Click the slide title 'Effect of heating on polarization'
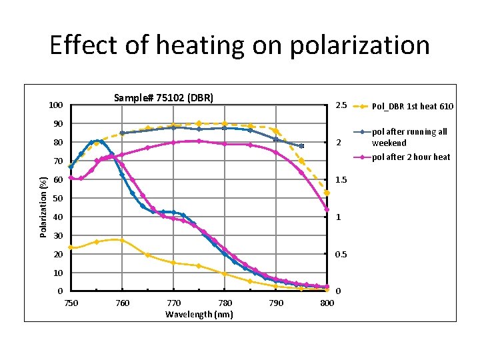pyautogui.click(x=239, y=45)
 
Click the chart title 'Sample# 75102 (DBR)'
pyautogui.click(x=163, y=98)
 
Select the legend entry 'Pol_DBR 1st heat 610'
pyautogui.click(x=412, y=107)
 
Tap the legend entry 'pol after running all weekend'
pyautogui.click(x=409, y=137)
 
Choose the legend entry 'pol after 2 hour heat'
pyautogui.click(x=411, y=157)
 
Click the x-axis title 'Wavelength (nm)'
pyautogui.click(x=199, y=315)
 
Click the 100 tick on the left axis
pyautogui.click(x=56, y=105)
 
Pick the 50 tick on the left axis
pyautogui.click(x=58, y=199)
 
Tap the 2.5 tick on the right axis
pyautogui.click(x=341, y=105)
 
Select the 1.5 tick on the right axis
pyautogui.click(x=341, y=180)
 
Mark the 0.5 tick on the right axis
pyautogui.click(x=341, y=255)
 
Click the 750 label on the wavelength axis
pyautogui.click(x=71, y=304)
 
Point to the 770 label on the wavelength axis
pyautogui.click(x=173, y=304)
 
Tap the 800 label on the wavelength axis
pyautogui.click(x=326, y=304)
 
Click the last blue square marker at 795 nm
pyautogui.click(x=301, y=146)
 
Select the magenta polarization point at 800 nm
pyautogui.click(x=327, y=209)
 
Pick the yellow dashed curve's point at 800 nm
pyautogui.click(x=327, y=193)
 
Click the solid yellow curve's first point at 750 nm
pyautogui.click(x=71, y=247)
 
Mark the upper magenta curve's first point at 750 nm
pyautogui.click(x=71, y=177)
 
